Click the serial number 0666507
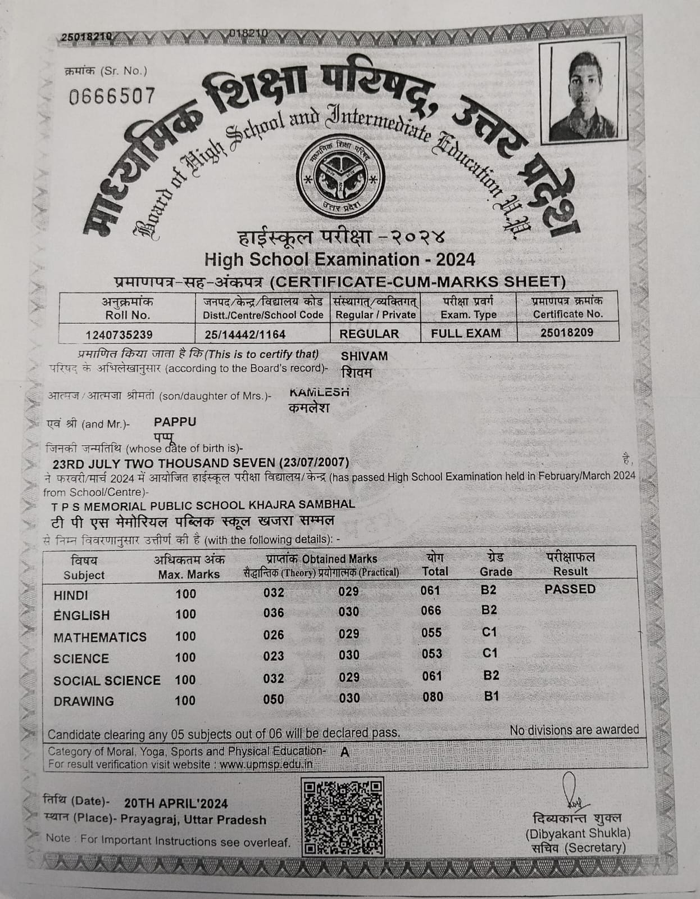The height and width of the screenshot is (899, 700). [x=112, y=96]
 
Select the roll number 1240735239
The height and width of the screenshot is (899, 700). [x=119, y=335]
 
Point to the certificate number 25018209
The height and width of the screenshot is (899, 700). [x=567, y=332]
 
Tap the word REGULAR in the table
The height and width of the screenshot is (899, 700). [x=369, y=333]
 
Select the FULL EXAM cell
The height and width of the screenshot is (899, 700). [x=466, y=333]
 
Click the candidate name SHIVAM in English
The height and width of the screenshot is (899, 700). [x=364, y=356]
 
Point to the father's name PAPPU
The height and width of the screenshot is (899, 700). [x=175, y=422]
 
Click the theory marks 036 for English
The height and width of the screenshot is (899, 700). [x=274, y=613]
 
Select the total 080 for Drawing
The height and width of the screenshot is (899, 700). [x=432, y=697]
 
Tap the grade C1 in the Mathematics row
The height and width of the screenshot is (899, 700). [x=490, y=632]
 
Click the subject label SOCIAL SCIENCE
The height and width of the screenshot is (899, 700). [x=107, y=681]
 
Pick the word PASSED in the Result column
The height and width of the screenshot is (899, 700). [x=570, y=589]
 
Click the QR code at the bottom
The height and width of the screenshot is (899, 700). [x=343, y=816]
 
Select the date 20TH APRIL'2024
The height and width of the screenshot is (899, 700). [x=176, y=803]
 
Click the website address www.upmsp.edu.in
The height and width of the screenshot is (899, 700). [x=266, y=765]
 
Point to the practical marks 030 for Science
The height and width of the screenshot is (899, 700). [x=349, y=655]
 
